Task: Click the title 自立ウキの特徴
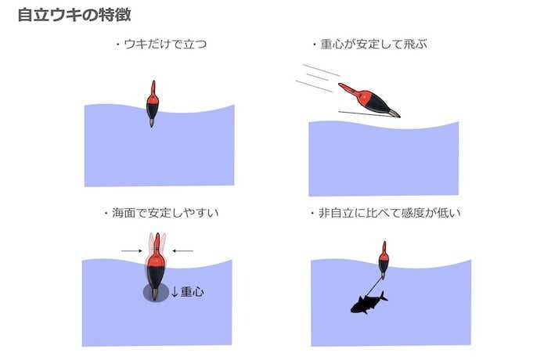pyautogui.click(x=74, y=15)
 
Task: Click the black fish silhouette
pyautogui.click(x=369, y=303)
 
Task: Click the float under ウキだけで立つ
pyautogui.click(x=153, y=104)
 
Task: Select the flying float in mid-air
pyautogui.click(x=369, y=100)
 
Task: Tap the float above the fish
pyautogui.click(x=384, y=260)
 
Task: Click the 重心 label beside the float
pyautogui.click(x=193, y=291)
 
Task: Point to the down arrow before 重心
pyautogui.click(x=175, y=291)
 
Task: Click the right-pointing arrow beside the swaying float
pyautogui.click(x=131, y=250)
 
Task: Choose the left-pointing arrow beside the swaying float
pyautogui.click(x=183, y=250)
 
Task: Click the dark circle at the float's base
pyautogui.click(x=156, y=292)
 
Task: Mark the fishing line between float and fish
pyautogui.click(x=373, y=287)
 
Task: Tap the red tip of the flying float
pyautogui.click(x=347, y=88)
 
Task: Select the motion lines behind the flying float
pyautogui.click(x=318, y=78)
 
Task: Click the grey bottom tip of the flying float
pyautogui.click(x=394, y=113)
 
